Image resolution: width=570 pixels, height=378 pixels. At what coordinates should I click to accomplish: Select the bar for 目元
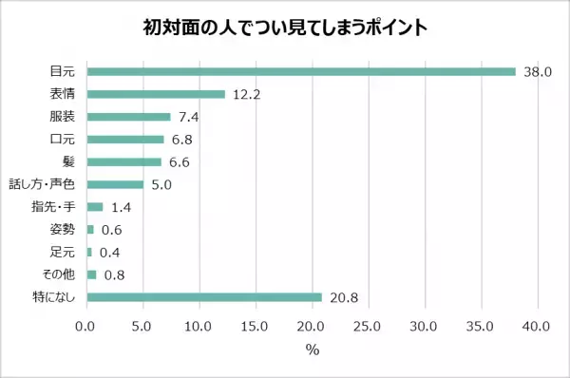click(x=300, y=71)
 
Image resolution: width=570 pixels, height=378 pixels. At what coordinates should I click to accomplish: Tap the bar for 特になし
click(x=204, y=297)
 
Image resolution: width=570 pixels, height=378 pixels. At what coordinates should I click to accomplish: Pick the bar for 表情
click(x=156, y=94)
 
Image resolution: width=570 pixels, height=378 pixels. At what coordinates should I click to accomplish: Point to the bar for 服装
click(x=128, y=117)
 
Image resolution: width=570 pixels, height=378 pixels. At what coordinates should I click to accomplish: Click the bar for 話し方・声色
click(x=115, y=184)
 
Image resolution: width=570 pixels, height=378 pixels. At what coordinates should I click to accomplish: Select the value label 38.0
click(x=536, y=72)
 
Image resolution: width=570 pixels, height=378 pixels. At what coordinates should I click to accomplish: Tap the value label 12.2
click(x=246, y=95)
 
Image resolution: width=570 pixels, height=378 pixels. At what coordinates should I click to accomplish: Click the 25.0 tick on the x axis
click(x=368, y=328)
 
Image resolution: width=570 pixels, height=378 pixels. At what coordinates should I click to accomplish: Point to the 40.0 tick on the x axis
click(x=537, y=328)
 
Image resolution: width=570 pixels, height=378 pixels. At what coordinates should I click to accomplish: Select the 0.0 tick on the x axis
click(x=86, y=328)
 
